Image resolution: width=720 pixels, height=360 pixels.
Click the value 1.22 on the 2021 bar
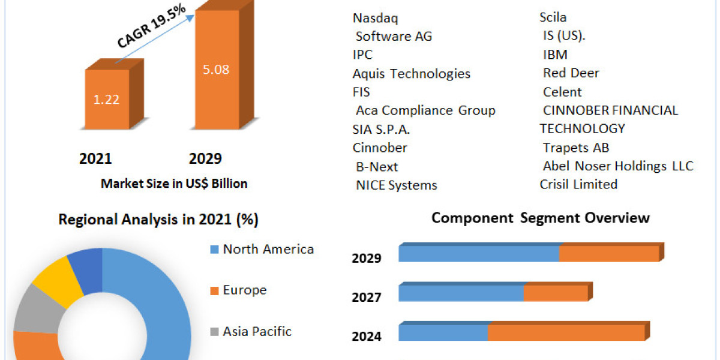coord(106,99)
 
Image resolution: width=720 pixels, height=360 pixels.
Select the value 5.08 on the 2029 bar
coord(216,69)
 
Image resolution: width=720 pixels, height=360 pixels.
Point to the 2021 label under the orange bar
coord(95,158)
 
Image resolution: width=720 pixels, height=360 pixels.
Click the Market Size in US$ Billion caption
coord(174,184)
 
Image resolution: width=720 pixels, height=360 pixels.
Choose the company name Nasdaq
coord(376,18)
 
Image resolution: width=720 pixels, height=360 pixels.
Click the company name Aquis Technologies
coord(412,74)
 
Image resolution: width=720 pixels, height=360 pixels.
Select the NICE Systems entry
coord(397,185)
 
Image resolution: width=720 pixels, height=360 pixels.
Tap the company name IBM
coord(555,55)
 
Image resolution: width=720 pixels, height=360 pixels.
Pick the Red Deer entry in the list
coord(571,73)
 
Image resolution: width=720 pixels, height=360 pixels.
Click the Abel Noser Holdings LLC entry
coord(618,166)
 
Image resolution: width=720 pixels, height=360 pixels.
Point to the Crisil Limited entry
coord(578,184)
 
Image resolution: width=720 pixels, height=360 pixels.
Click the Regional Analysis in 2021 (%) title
coord(158,220)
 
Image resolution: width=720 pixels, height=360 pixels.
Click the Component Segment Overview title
coord(541,217)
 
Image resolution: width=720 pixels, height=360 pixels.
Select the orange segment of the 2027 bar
coord(556,293)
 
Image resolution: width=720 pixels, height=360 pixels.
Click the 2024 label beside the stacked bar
coord(367,336)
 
